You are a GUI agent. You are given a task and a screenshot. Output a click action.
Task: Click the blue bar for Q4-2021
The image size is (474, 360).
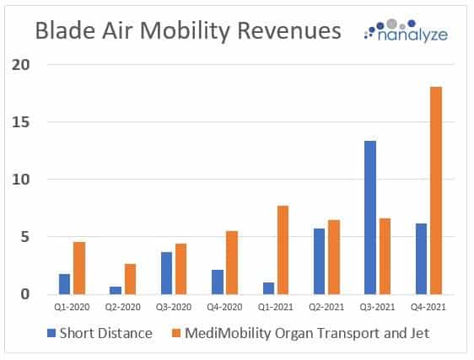click(421, 259)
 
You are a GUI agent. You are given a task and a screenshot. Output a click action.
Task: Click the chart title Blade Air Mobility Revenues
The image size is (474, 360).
click(187, 31)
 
